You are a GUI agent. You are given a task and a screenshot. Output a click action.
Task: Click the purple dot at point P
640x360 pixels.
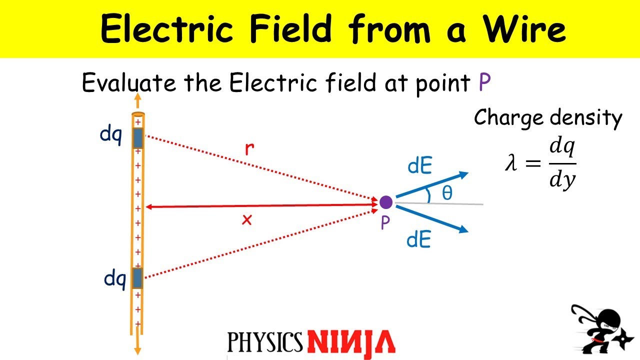pyautogui.click(x=385, y=202)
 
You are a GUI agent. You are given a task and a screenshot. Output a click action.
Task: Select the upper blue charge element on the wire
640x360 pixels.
pyautogui.click(x=138, y=138)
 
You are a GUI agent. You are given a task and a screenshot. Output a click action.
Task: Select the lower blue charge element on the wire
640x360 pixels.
pyautogui.click(x=137, y=278)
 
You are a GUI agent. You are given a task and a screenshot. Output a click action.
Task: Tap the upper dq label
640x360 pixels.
pyautogui.click(x=111, y=135)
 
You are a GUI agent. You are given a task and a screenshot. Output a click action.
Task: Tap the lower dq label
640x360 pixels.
pyautogui.click(x=114, y=278)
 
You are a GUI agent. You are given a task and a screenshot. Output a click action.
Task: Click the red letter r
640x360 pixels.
pyautogui.click(x=248, y=149)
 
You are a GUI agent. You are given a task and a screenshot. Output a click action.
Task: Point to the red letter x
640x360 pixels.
pyautogui.click(x=246, y=219)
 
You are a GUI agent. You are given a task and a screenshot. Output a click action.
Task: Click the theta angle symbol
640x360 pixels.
pyautogui.click(x=447, y=193)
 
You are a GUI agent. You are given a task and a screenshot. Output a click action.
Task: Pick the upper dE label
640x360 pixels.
pyautogui.click(x=419, y=166)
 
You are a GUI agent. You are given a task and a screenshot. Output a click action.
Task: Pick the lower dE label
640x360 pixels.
pyautogui.click(x=419, y=240)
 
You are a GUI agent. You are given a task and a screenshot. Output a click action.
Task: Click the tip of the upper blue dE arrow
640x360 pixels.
pyautogui.click(x=467, y=173)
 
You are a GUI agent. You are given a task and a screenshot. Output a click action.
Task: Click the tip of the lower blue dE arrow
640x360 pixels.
pyautogui.click(x=467, y=231)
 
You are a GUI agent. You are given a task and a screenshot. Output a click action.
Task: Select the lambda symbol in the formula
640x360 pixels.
pyautogui.click(x=510, y=163)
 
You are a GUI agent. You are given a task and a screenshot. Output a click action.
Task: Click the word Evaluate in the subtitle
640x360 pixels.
pyautogui.click(x=129, y=83)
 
